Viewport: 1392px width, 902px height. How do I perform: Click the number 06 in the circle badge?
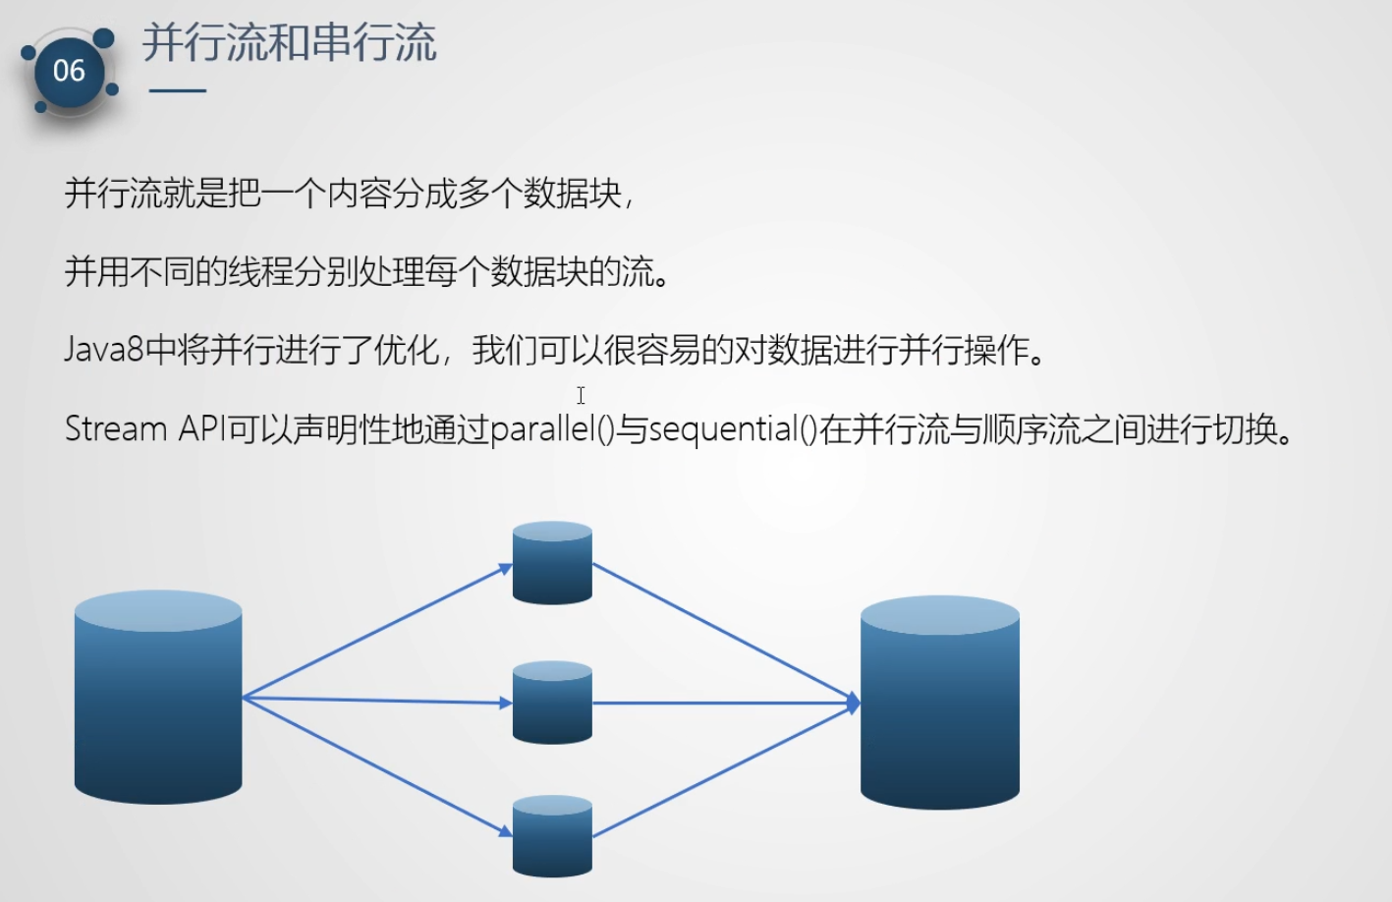coord(69,71)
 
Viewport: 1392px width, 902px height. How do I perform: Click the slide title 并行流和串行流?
coord(290,43)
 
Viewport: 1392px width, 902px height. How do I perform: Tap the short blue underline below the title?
coord(178,90)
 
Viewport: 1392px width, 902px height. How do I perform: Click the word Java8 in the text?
coord(104,350)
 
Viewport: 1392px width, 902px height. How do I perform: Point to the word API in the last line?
coord(202,428)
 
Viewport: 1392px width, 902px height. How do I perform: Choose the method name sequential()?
coord(733,429)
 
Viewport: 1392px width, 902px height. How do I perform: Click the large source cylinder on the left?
coord(158,697)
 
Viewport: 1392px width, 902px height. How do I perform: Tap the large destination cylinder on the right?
coord(939,703)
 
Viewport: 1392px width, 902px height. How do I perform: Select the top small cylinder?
coord(552,563)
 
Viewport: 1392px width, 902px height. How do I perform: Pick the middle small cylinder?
coord(552,703)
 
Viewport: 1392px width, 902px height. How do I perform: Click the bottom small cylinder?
coord(552,836)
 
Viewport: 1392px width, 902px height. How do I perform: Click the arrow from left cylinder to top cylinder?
coord(377,631)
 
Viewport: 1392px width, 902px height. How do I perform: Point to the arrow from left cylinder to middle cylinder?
coord(377,701)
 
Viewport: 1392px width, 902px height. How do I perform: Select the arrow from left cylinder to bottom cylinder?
coord(377,767)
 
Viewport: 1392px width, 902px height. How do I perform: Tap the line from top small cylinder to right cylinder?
coord(726,633)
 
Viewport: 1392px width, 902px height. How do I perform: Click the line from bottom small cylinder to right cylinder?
coord(726,770)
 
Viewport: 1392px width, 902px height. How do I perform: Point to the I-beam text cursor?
coord(581,395)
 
